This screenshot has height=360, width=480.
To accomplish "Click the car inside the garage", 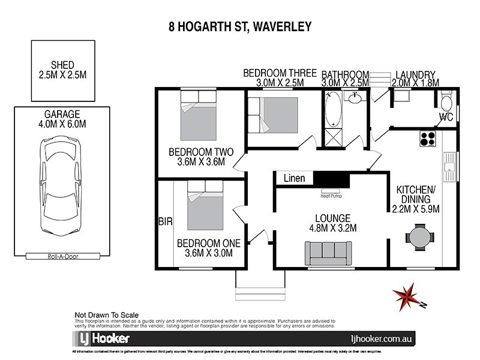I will coord(59,182).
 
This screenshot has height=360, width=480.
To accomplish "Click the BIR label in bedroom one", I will coord(165,221).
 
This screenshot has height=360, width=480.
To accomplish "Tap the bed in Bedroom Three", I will coord(273,117).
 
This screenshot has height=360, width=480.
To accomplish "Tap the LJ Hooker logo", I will coord(101,338).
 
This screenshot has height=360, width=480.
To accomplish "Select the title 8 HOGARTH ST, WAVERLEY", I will coord(240,27).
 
